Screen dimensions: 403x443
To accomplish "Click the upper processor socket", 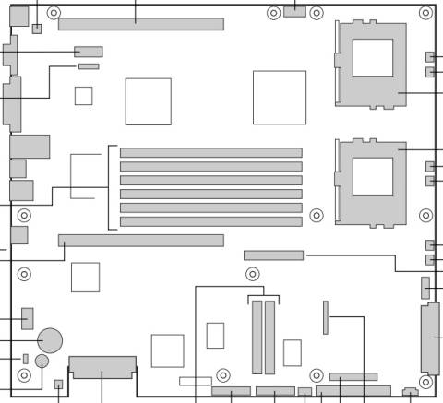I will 372,63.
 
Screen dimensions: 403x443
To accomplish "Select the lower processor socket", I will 372,181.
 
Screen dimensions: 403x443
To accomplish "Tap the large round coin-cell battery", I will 49,341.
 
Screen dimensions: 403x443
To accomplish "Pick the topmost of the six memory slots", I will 210,152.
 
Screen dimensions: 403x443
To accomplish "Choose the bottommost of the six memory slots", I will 210,221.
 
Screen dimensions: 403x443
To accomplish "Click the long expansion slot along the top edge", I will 140,24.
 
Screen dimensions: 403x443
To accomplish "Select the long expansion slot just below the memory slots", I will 140,240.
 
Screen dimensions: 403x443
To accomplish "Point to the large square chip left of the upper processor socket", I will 280,98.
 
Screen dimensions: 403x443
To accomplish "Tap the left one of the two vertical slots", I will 257,337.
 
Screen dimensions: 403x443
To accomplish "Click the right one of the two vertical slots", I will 270,337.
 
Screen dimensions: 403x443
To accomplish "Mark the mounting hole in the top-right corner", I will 425,13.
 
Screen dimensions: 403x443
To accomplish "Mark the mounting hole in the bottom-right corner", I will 425,381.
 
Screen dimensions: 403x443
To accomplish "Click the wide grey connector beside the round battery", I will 102,367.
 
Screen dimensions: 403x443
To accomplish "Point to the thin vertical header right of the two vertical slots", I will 325,316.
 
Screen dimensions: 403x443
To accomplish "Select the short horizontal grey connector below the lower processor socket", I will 273,255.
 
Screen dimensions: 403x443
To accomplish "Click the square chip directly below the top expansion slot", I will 148,101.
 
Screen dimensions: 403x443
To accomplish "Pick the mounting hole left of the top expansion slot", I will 54,13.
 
